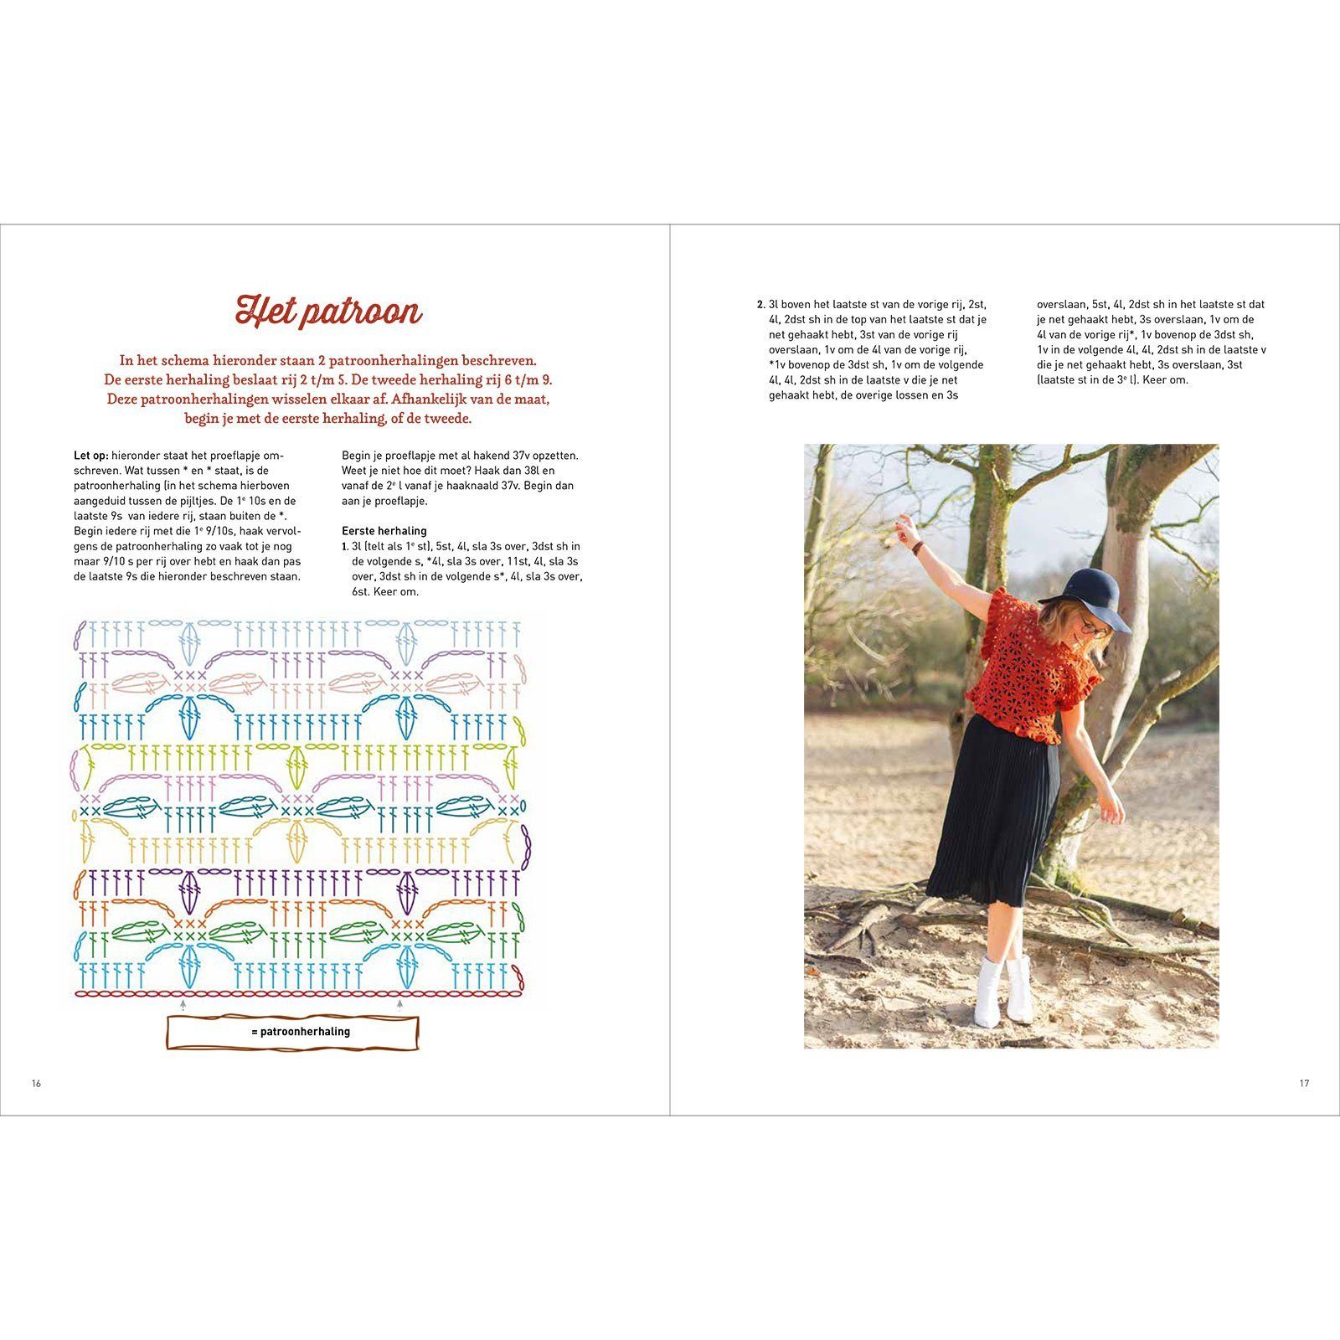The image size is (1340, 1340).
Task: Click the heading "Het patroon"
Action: [x=328, y=312]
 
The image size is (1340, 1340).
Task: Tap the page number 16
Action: [x=36, y=1083]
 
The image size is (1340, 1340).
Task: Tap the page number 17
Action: [x=1304, y=1083]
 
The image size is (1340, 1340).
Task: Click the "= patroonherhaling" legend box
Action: [x=293, y=1032]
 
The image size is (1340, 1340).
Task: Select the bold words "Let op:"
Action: [x=90, y=456]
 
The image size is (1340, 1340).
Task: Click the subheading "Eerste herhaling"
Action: [x=384, y=531]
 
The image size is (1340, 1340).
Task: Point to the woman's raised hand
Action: [x=902, y=527]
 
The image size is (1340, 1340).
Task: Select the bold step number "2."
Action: [x=760, y=305]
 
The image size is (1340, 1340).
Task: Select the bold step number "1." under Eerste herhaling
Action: [x=346, y=546]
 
